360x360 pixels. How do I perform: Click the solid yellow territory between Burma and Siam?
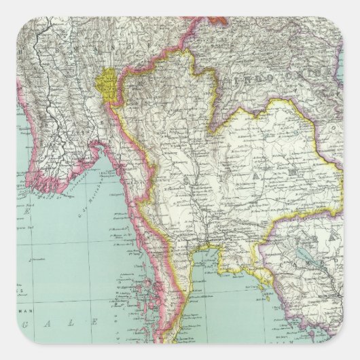[109, 88]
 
